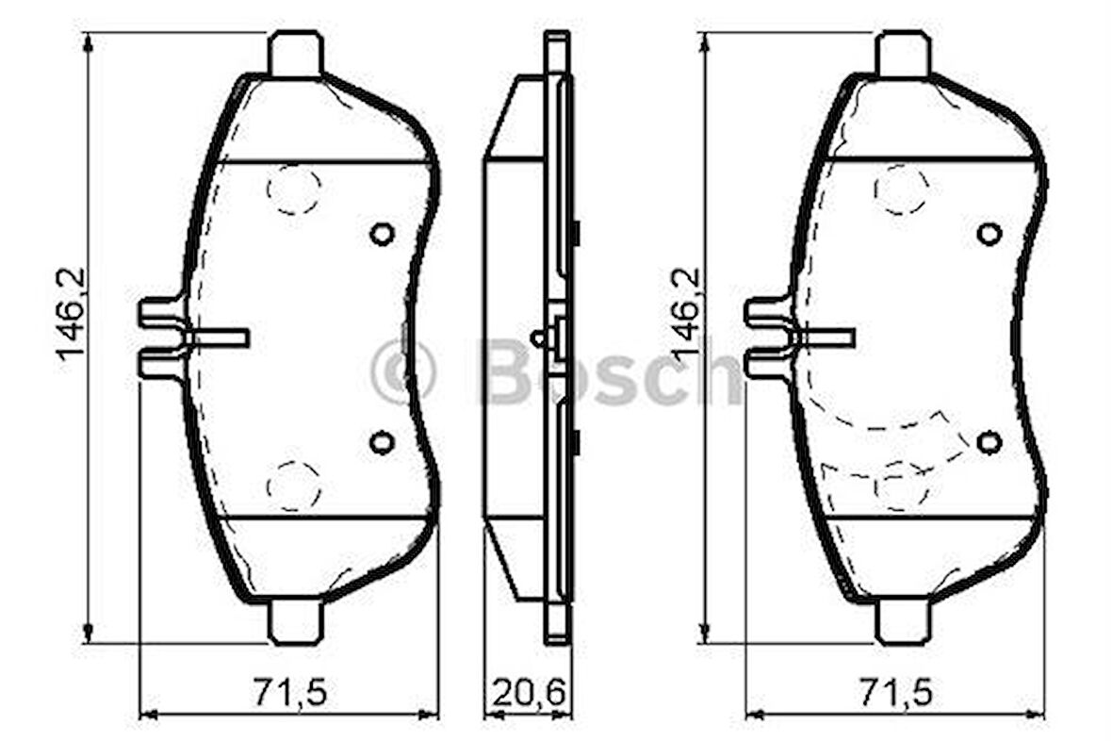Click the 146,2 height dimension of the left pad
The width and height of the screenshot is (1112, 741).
(71, 314)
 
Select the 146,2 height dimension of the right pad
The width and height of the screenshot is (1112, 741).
(685, 314)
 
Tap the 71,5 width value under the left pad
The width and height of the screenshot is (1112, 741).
(288, 694)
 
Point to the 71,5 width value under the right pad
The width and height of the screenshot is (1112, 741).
(894, 694)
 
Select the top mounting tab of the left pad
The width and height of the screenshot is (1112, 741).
(296, 54)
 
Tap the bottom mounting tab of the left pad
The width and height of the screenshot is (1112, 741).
(296, 621)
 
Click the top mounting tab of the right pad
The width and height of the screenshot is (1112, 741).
(902, 54)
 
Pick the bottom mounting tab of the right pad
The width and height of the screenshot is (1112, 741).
(902, 621)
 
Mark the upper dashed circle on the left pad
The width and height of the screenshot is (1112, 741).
(293, 189)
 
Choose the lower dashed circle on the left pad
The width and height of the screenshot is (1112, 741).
(293, 486)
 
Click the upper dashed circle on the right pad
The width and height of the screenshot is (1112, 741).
(900, 189)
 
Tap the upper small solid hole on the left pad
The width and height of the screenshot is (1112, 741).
(382, 233)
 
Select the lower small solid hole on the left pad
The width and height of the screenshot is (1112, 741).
(382, 441)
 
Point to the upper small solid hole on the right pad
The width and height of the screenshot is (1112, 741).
(989, 233)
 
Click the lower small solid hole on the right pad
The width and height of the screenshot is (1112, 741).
(989, 441)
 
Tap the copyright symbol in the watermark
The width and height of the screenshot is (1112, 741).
(402, 371)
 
